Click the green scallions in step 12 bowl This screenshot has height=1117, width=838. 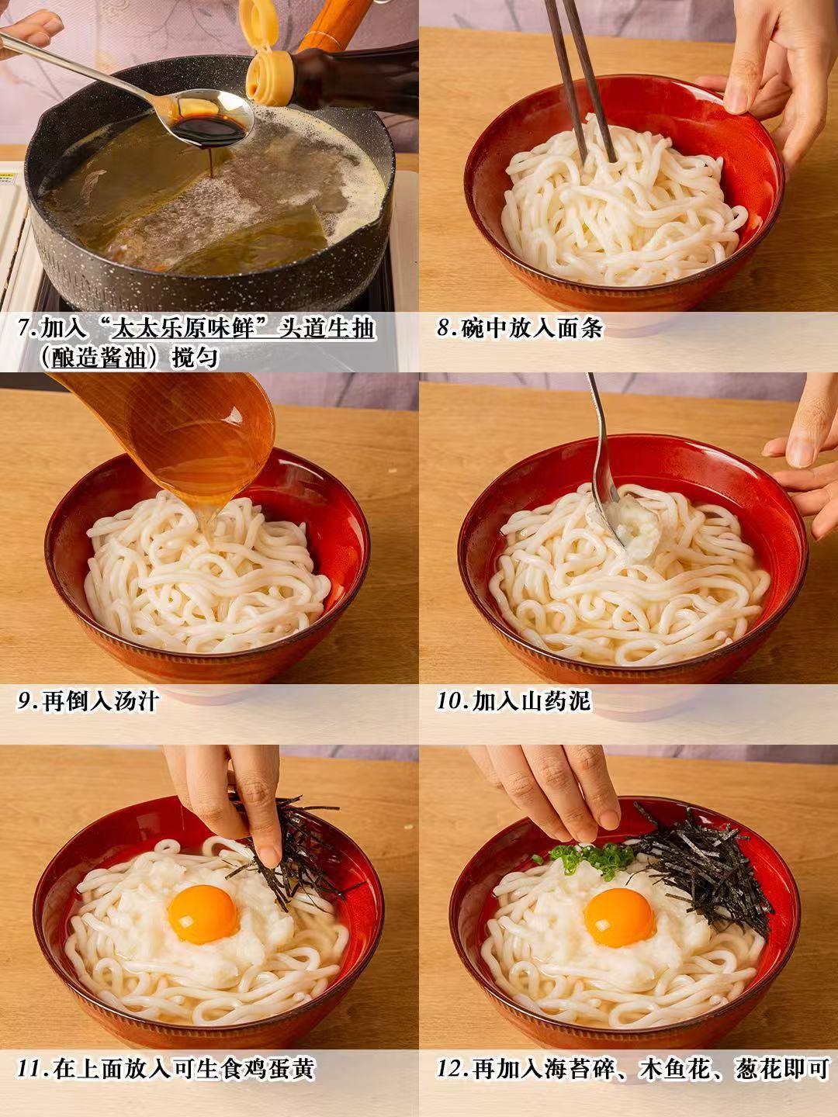[587, 856]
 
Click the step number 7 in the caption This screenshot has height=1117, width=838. [26, 329]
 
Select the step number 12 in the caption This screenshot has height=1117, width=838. [452, 1069]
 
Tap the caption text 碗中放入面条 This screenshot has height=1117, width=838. [532, 329]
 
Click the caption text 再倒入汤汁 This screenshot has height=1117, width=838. [101, 701]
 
